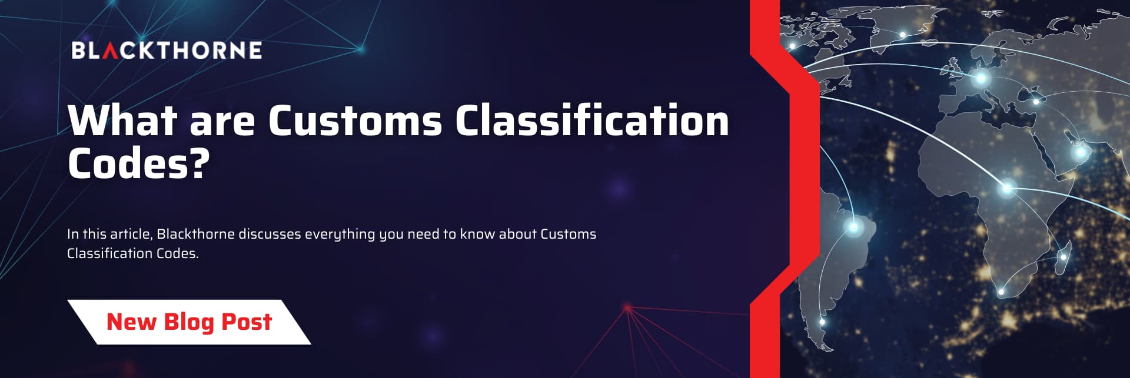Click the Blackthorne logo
pyautogui.click(x=167, y=50)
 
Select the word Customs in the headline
pyautogui.click(x=355, y=120)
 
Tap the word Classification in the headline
pyautogui.click(x=592, y=120)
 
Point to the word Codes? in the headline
pyautogui.click(x=138, y=163)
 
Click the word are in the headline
pyautogui.click(x=222, y=123)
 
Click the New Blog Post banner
pyautogui.click(x=189, y=322)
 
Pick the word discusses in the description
pyautogui.click(x=270, y=234)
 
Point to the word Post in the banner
pyautogui.click(x=247, y=322)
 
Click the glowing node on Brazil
pyautogui.click(x=853, y=226)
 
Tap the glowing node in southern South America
pyautogui.click(x=822, y=322)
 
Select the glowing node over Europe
pyautogui.click(x=981, y=78)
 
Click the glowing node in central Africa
pyautogui.click(x=1007, y=189)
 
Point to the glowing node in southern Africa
pyautogui.click(x=1001, y=292)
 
